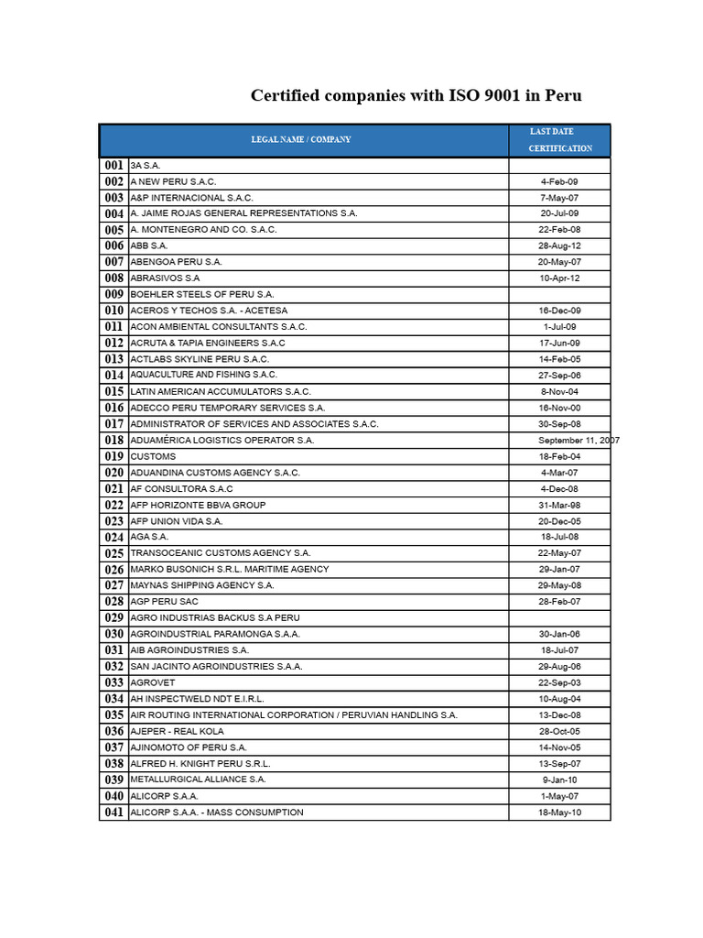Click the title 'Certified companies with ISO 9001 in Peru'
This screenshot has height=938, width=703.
pyautogui.click(x=416, y=96)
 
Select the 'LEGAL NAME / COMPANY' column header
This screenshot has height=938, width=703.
pyautogui.click(x=301, y=140)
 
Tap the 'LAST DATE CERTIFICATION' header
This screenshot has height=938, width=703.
pyautogui.click(x=559, y=140)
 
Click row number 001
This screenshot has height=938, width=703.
pyautogui.click(x=114, y=166)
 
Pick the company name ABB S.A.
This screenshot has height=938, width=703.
pyautogui.click(x=149, y=245)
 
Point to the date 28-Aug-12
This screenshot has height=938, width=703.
pyautogui.click(x=559, y=245)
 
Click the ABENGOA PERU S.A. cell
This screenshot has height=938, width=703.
pyautogui.click(x=176, y=262)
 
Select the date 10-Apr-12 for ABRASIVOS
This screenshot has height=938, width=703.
pyautogui.click(x=559, y=278)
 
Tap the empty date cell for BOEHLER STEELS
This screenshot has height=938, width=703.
pyautogui.click(x=559, y=294)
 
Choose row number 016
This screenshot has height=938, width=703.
pyautogui.click(x=114, y=408)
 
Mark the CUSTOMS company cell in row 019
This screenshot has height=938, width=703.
pyautogui.click(x=153, y=456)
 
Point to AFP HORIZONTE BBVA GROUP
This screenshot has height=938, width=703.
pyautogui.click(x=198, y=505)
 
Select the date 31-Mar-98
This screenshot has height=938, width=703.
pyautogui.click(x=559, y=505)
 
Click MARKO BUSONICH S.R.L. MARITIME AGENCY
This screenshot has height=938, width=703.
pyautogui.click(x=229, y=570)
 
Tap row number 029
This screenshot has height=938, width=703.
pyautogui.click(x=114, y=618)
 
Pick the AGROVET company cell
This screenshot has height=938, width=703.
pyautogui.click(x=152, y=682)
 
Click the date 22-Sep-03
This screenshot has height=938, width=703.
pyautogui.click(x=559, y=682)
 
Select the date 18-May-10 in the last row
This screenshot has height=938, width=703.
pyautogui.click(x=559, y=813)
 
